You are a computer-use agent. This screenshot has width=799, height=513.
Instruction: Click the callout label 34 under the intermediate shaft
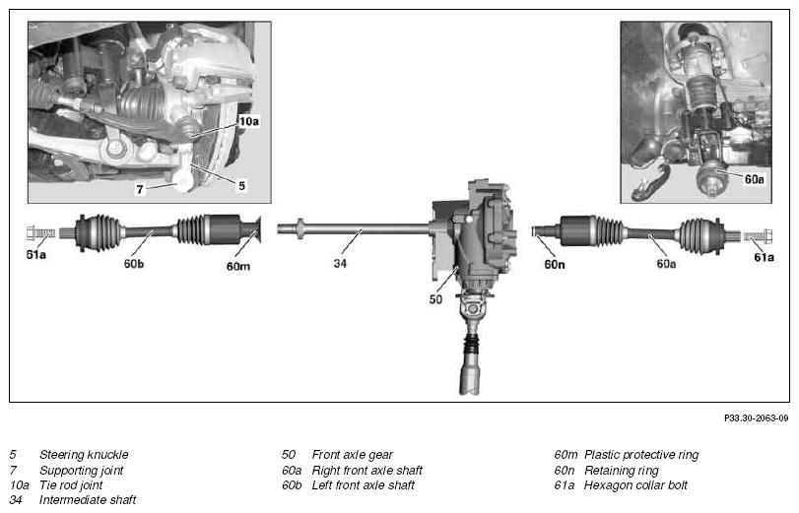340,263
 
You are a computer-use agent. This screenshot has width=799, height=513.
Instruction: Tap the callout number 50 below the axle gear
435,299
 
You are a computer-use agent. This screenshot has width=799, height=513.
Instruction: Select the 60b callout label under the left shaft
134,264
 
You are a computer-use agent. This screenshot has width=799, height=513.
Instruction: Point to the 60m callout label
238,266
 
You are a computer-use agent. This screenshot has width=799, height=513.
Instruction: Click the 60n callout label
555,264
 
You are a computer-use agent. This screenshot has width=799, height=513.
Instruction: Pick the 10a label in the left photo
248,121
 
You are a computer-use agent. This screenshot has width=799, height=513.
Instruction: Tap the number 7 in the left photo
140,189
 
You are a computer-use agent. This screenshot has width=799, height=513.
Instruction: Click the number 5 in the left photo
242,186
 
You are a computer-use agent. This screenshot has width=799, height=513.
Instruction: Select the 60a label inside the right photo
754,179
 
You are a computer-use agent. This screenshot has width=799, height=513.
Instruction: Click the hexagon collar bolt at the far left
40,233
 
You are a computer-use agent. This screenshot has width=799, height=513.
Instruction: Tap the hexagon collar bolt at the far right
759,236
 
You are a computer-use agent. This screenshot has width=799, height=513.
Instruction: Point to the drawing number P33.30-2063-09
757,417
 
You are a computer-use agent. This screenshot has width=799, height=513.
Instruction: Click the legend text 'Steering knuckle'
84,455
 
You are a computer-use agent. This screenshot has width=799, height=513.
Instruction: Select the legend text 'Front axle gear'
352,455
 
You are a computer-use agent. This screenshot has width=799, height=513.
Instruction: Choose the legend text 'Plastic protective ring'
641,455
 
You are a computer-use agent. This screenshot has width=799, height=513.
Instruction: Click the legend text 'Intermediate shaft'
88,500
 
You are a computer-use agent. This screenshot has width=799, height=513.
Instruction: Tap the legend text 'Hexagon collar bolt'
635,485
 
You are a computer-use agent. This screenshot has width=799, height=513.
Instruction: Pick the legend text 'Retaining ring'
621,471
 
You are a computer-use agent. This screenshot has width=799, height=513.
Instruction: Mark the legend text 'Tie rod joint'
71,485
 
